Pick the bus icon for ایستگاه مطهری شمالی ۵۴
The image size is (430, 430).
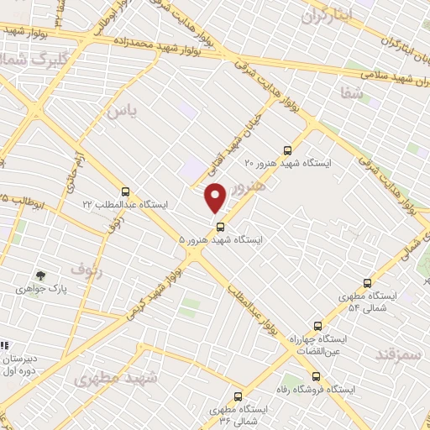click(366, 284)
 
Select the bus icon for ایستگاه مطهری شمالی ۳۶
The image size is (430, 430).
click(238, 396)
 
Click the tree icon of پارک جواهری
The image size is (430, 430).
click(39, 275)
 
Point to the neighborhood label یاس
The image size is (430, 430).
click(120, 109)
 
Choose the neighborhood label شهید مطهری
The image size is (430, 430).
click(116, 379)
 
